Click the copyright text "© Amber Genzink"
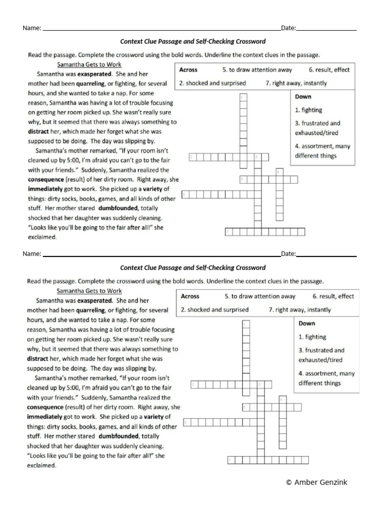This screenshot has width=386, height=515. tap(316, 482)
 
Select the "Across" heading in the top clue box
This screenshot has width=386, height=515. tap(188, 70)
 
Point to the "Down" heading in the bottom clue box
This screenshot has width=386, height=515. tap(307, 323)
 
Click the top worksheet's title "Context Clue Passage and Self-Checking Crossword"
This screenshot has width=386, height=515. tap(193, 41)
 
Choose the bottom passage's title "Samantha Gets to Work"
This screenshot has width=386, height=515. tap(89, 291)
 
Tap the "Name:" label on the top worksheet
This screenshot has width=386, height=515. tap(32, 28)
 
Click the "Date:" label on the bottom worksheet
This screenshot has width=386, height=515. tap(288, 254)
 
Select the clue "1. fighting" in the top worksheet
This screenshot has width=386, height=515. tap(309, 110)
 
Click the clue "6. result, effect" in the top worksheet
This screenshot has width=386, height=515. tap(329, 70)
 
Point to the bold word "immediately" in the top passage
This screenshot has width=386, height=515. tap(45, 189)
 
